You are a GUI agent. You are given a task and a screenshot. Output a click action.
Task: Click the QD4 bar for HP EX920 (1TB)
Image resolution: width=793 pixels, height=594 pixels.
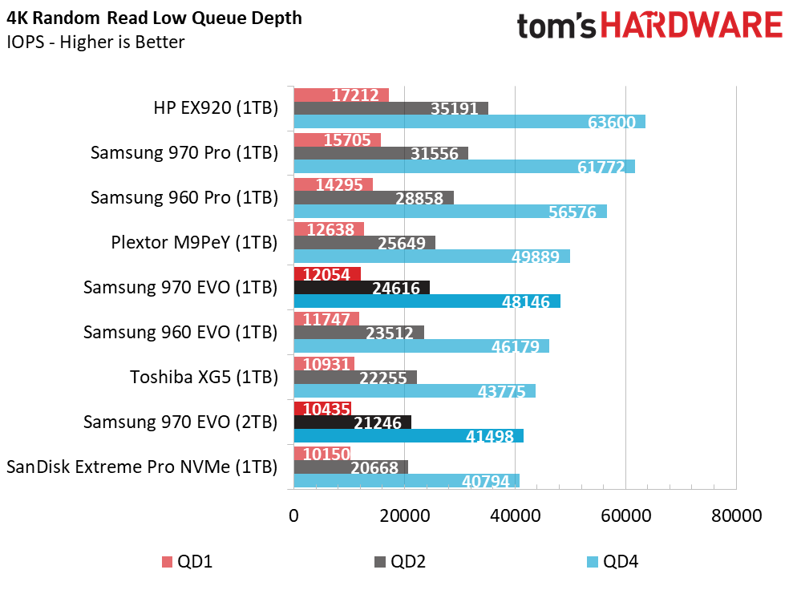469,122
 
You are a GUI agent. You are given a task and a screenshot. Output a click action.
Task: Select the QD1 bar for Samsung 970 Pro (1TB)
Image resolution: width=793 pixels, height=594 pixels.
338,139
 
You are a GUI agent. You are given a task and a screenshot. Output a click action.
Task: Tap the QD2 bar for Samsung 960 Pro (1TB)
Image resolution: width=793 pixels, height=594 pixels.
374,198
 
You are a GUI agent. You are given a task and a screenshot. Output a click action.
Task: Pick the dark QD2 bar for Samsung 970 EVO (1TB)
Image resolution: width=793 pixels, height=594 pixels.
362,288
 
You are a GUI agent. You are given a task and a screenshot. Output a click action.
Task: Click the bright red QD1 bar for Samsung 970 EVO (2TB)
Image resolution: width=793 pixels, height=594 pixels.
322,409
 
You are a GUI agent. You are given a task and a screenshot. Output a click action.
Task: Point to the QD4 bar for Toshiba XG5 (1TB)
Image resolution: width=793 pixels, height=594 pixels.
415,390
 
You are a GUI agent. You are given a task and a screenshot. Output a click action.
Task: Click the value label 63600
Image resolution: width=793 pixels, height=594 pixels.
612,123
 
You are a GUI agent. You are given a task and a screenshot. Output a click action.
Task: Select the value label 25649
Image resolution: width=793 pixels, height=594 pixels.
402,243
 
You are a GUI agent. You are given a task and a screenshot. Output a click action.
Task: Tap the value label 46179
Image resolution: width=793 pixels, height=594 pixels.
516,346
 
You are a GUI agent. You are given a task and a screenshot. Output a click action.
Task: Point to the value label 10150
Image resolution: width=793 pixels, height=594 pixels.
326,454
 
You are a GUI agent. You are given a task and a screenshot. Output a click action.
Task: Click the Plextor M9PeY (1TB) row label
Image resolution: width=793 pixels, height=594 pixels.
194,243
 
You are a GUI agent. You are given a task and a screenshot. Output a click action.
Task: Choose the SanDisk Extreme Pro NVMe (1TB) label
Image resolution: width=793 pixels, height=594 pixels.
142,467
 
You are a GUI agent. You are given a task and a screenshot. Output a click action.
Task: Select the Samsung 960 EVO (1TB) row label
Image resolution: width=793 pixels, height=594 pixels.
180,332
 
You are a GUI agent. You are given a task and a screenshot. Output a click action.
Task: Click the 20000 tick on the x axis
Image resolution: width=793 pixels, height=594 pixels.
405,516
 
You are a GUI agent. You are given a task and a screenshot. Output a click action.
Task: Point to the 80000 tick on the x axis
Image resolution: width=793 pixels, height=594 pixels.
736,516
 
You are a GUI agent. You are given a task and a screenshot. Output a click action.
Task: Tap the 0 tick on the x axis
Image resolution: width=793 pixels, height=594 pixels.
293,516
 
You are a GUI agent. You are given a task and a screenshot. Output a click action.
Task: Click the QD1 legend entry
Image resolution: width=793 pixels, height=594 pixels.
187,562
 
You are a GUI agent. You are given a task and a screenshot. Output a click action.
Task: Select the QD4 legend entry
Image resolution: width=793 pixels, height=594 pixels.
613,562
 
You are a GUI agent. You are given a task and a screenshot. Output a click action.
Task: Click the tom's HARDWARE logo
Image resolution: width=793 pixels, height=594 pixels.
650,26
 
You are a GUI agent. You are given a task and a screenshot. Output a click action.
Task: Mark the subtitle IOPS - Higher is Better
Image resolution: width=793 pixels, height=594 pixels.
95,42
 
